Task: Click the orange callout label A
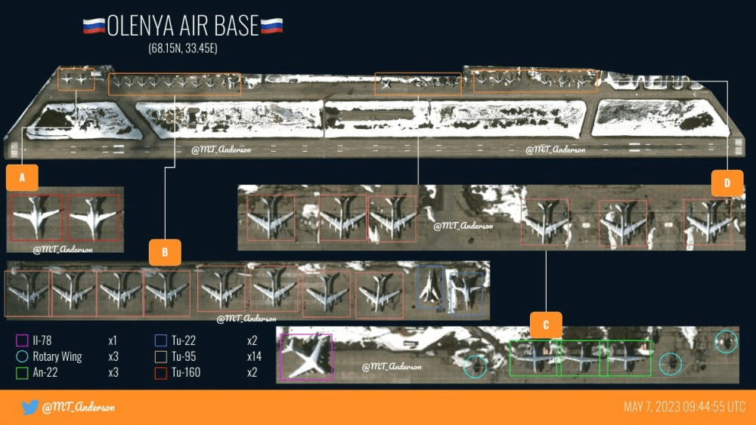[22, 177]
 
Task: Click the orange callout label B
[165, 252]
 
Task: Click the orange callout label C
[546, 325]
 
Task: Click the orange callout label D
[727, 183]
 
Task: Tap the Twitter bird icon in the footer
[30, 407]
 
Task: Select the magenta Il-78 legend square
[22, 340]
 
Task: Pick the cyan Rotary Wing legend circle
[22, 356]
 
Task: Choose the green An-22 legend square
[22, 373]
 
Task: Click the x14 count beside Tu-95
[254, 356]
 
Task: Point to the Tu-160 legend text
[186, 373]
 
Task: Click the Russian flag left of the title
[94, 26]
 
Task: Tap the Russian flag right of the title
[271, 26]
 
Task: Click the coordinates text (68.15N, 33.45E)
[183, 48]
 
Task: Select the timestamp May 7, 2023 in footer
[685, 407]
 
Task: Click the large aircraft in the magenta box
[305, 356]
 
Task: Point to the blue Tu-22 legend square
[160, 340]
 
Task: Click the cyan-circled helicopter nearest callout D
[726, 342]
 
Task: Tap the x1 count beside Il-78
[113, 340]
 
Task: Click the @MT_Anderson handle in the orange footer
[79, 407]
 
